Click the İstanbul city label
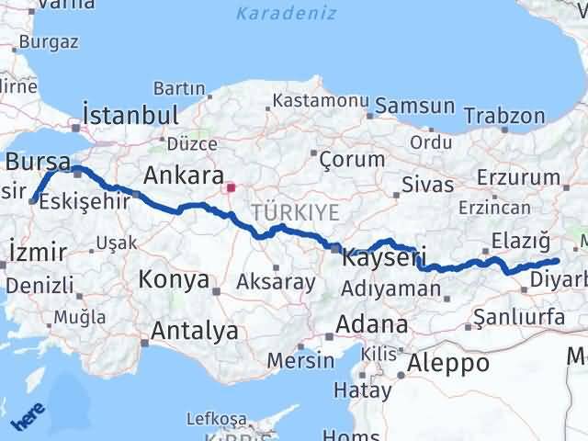click(130, 115)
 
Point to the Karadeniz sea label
click(286, 14)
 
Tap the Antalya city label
click(195, 330)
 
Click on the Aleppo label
click(451, 362)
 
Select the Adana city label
click(371, 323)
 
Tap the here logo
click(28, 419)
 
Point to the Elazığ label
click(520, 241)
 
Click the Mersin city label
click(300, 359)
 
